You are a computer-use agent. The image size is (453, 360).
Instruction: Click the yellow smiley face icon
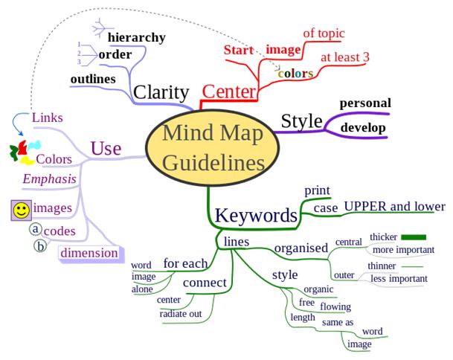click(x=22, y=210)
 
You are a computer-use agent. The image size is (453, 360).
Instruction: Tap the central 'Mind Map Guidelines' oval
click(x=213, y=147)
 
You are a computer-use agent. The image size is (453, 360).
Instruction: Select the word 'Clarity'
click(x=161, y=92)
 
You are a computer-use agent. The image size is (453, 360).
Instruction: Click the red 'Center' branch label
click(x=229, y=91)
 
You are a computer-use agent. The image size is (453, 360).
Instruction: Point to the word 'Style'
click(x=301, y=120)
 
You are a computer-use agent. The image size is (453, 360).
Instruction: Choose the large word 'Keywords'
click(x=256, y=215)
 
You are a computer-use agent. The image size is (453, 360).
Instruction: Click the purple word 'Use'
click(x=106, y=149)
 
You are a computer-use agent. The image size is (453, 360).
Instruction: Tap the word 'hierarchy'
click(x=137, y=37)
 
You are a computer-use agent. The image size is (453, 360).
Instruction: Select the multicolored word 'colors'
click(x=295, y=74)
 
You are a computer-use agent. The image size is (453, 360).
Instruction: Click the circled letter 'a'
click(x=35, y=229)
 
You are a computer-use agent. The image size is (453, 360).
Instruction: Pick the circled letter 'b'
click(x=40, y=246)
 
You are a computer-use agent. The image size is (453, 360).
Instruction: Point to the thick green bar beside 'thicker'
click(x=414, y=237)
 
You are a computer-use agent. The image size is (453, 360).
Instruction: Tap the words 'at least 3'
click(x=345, y=57)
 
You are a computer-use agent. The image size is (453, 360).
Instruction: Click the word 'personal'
click(x=365, y=103)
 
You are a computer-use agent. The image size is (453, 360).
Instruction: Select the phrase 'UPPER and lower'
click(x=395, y=206)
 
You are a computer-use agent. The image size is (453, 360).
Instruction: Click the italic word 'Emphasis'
click(x=49, y=179)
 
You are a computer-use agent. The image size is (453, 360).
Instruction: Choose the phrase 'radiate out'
click(x=181, y=314)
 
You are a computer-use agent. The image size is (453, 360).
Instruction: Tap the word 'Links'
click(x=48, y=118)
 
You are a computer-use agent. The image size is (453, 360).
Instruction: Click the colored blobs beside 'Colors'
click(x=25, y=152)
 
